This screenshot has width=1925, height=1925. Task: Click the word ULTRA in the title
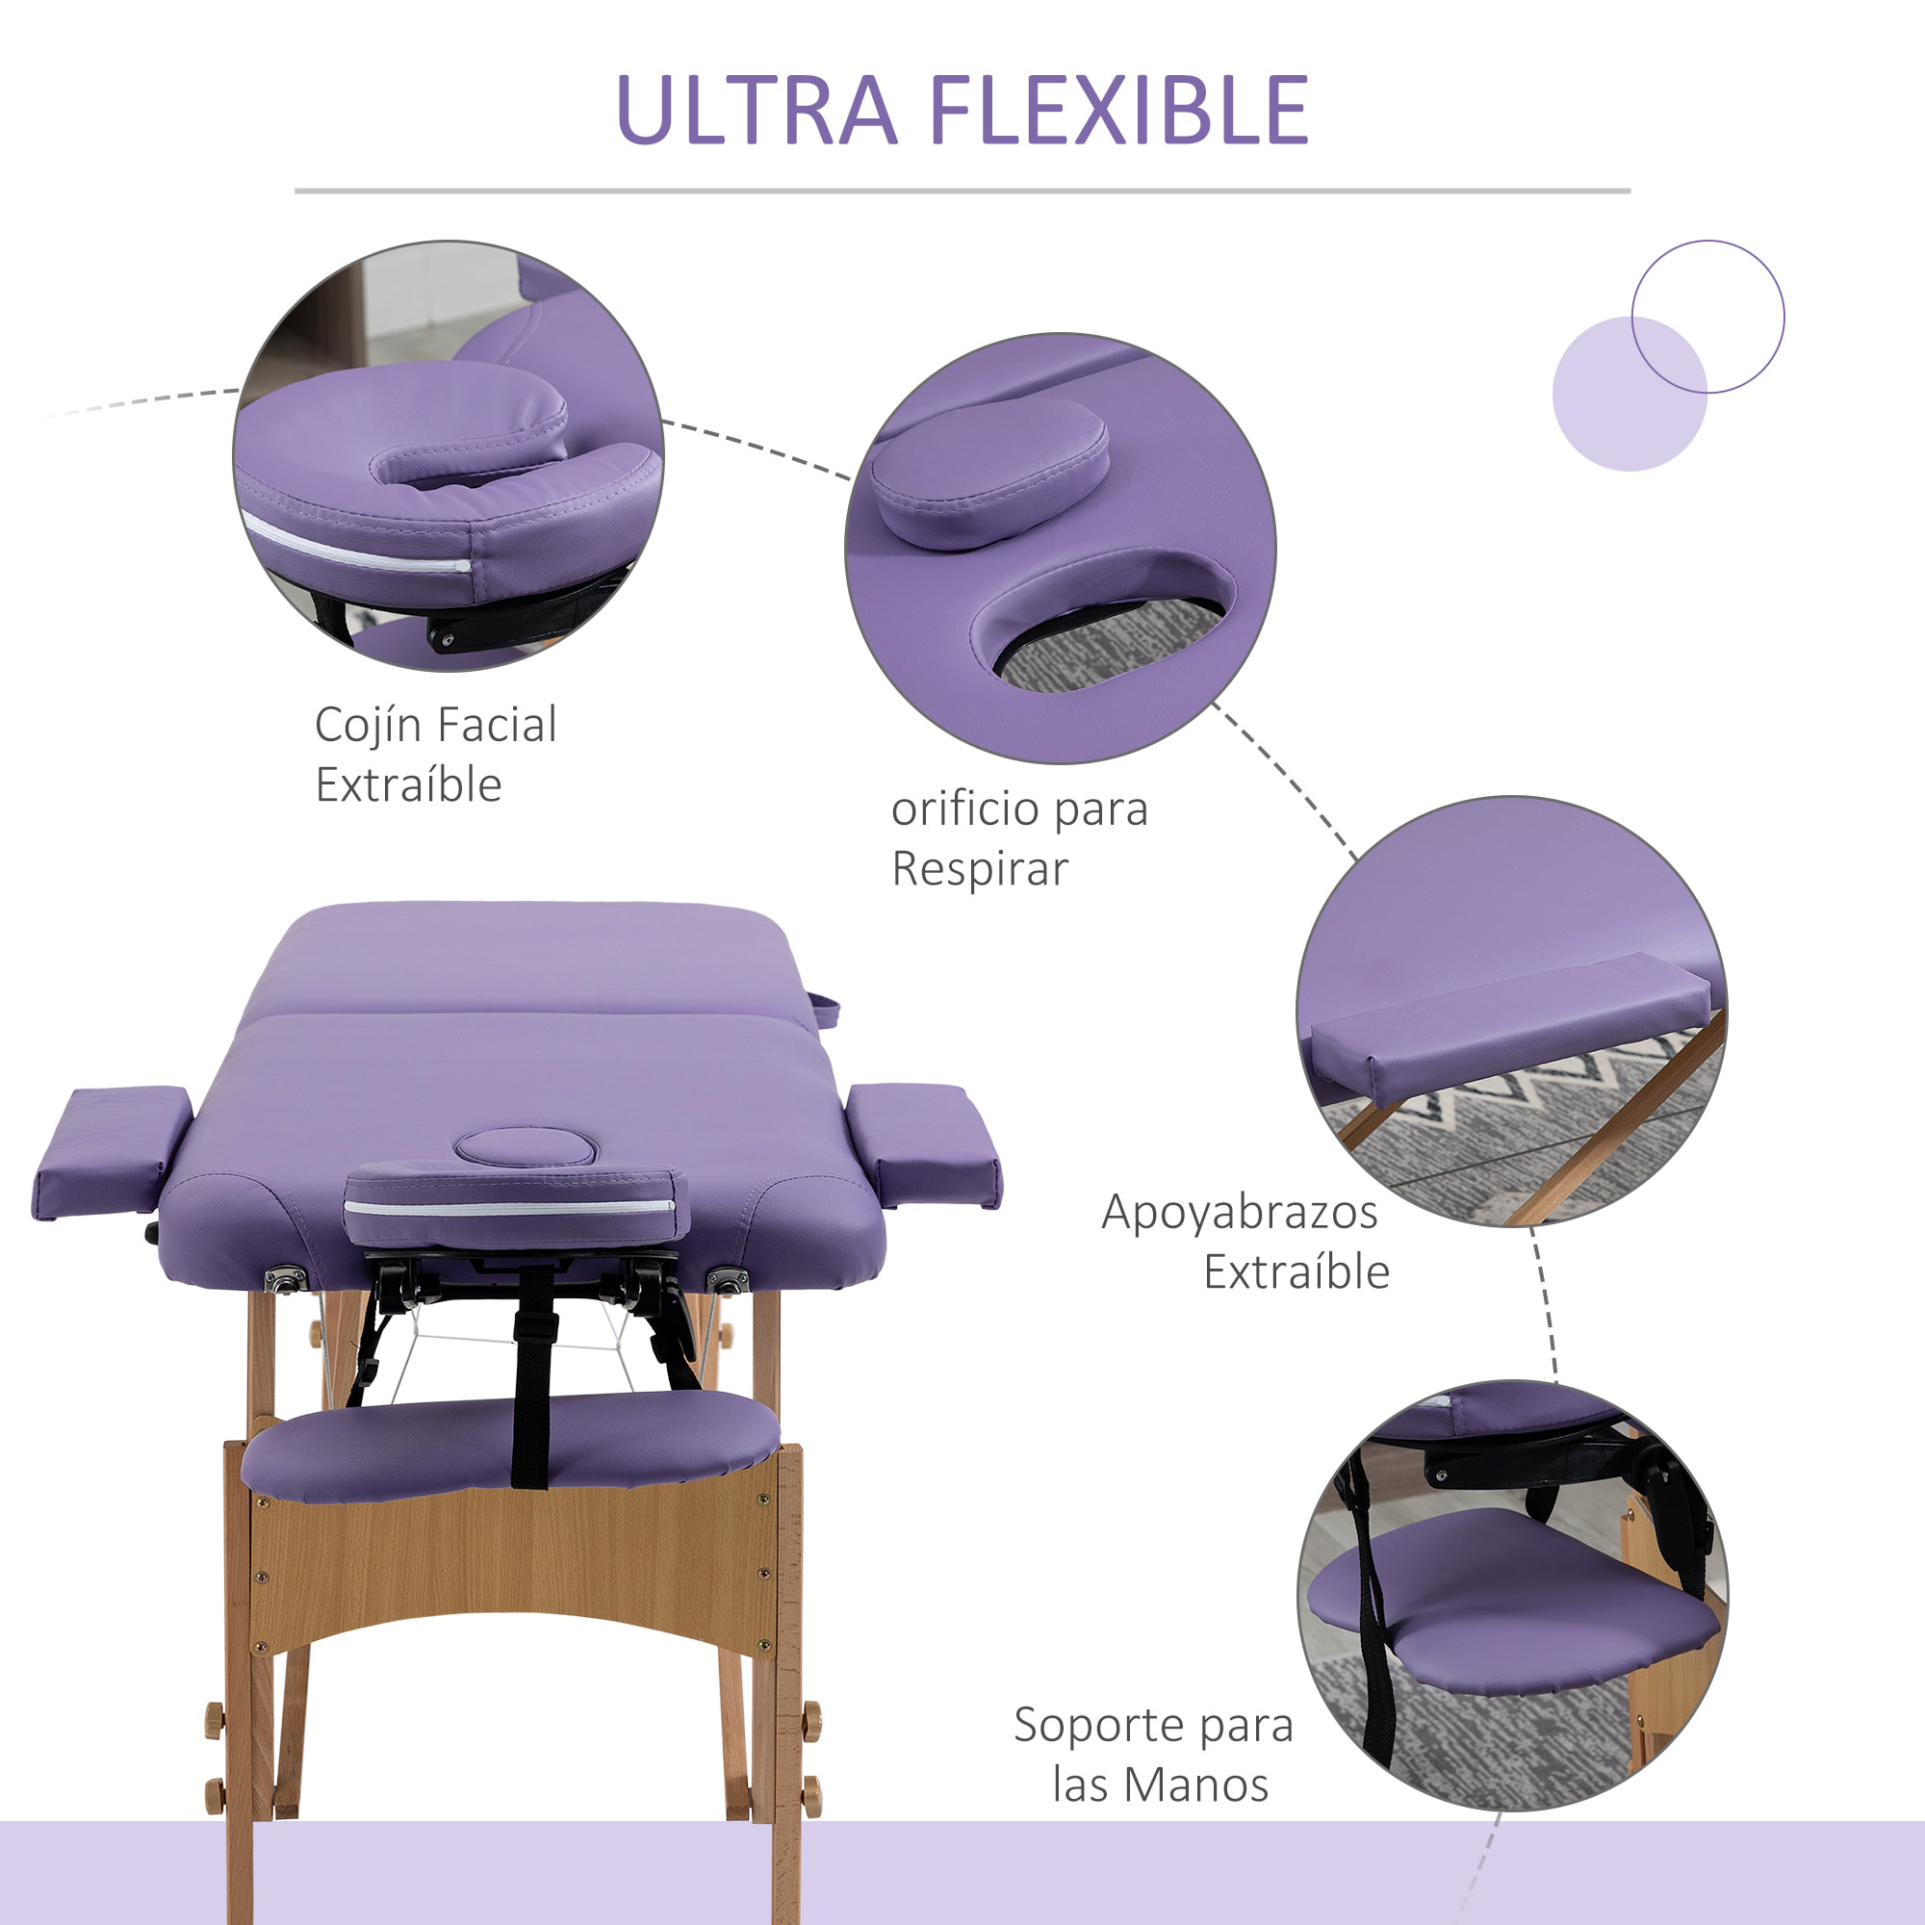(757, 111)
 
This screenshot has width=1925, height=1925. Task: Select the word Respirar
(980, 869)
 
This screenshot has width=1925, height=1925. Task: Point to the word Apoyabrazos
(1240, 1213)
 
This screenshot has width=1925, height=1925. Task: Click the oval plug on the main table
(526, 1148)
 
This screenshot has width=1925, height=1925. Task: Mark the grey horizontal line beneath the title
(962, 191)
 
